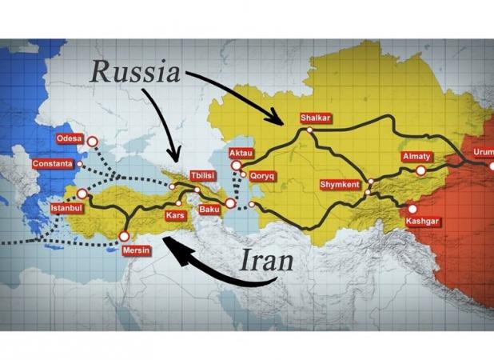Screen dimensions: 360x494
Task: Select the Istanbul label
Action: [66, 208]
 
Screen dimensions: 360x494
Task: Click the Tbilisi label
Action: [201, 175]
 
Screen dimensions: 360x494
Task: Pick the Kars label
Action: [176, 216]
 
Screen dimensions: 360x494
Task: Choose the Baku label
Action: [209, 210]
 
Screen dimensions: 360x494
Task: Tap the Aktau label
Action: [241, 152]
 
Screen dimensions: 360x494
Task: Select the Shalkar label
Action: [314, 118]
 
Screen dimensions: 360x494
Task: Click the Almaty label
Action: [416, 157]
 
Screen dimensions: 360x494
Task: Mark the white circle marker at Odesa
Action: [92, 142]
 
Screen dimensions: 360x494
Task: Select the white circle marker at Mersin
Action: [124, 236]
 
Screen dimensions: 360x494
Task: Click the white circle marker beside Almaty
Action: [421, 170]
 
